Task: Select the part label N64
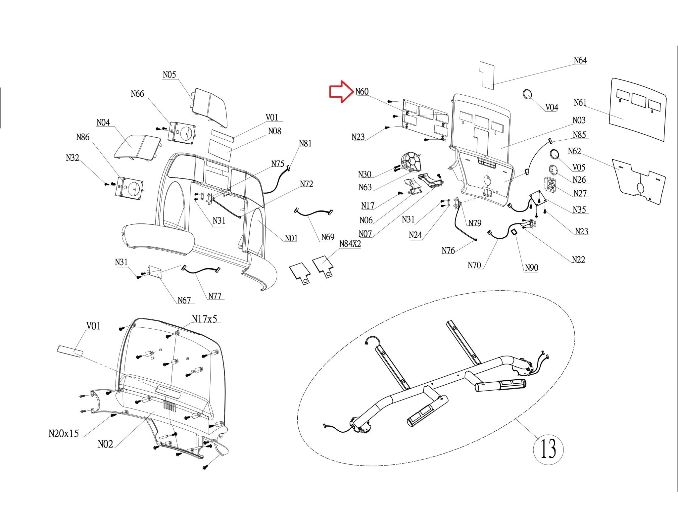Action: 580,60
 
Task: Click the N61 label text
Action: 580,103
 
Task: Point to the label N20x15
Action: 64,433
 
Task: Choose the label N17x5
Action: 204,319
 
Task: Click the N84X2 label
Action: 350,244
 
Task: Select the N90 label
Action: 531,267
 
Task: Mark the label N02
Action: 105,444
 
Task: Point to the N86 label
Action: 83,137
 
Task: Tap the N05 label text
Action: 169,75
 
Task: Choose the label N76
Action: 448,251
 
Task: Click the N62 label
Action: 574,151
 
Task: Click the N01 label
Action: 291,238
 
